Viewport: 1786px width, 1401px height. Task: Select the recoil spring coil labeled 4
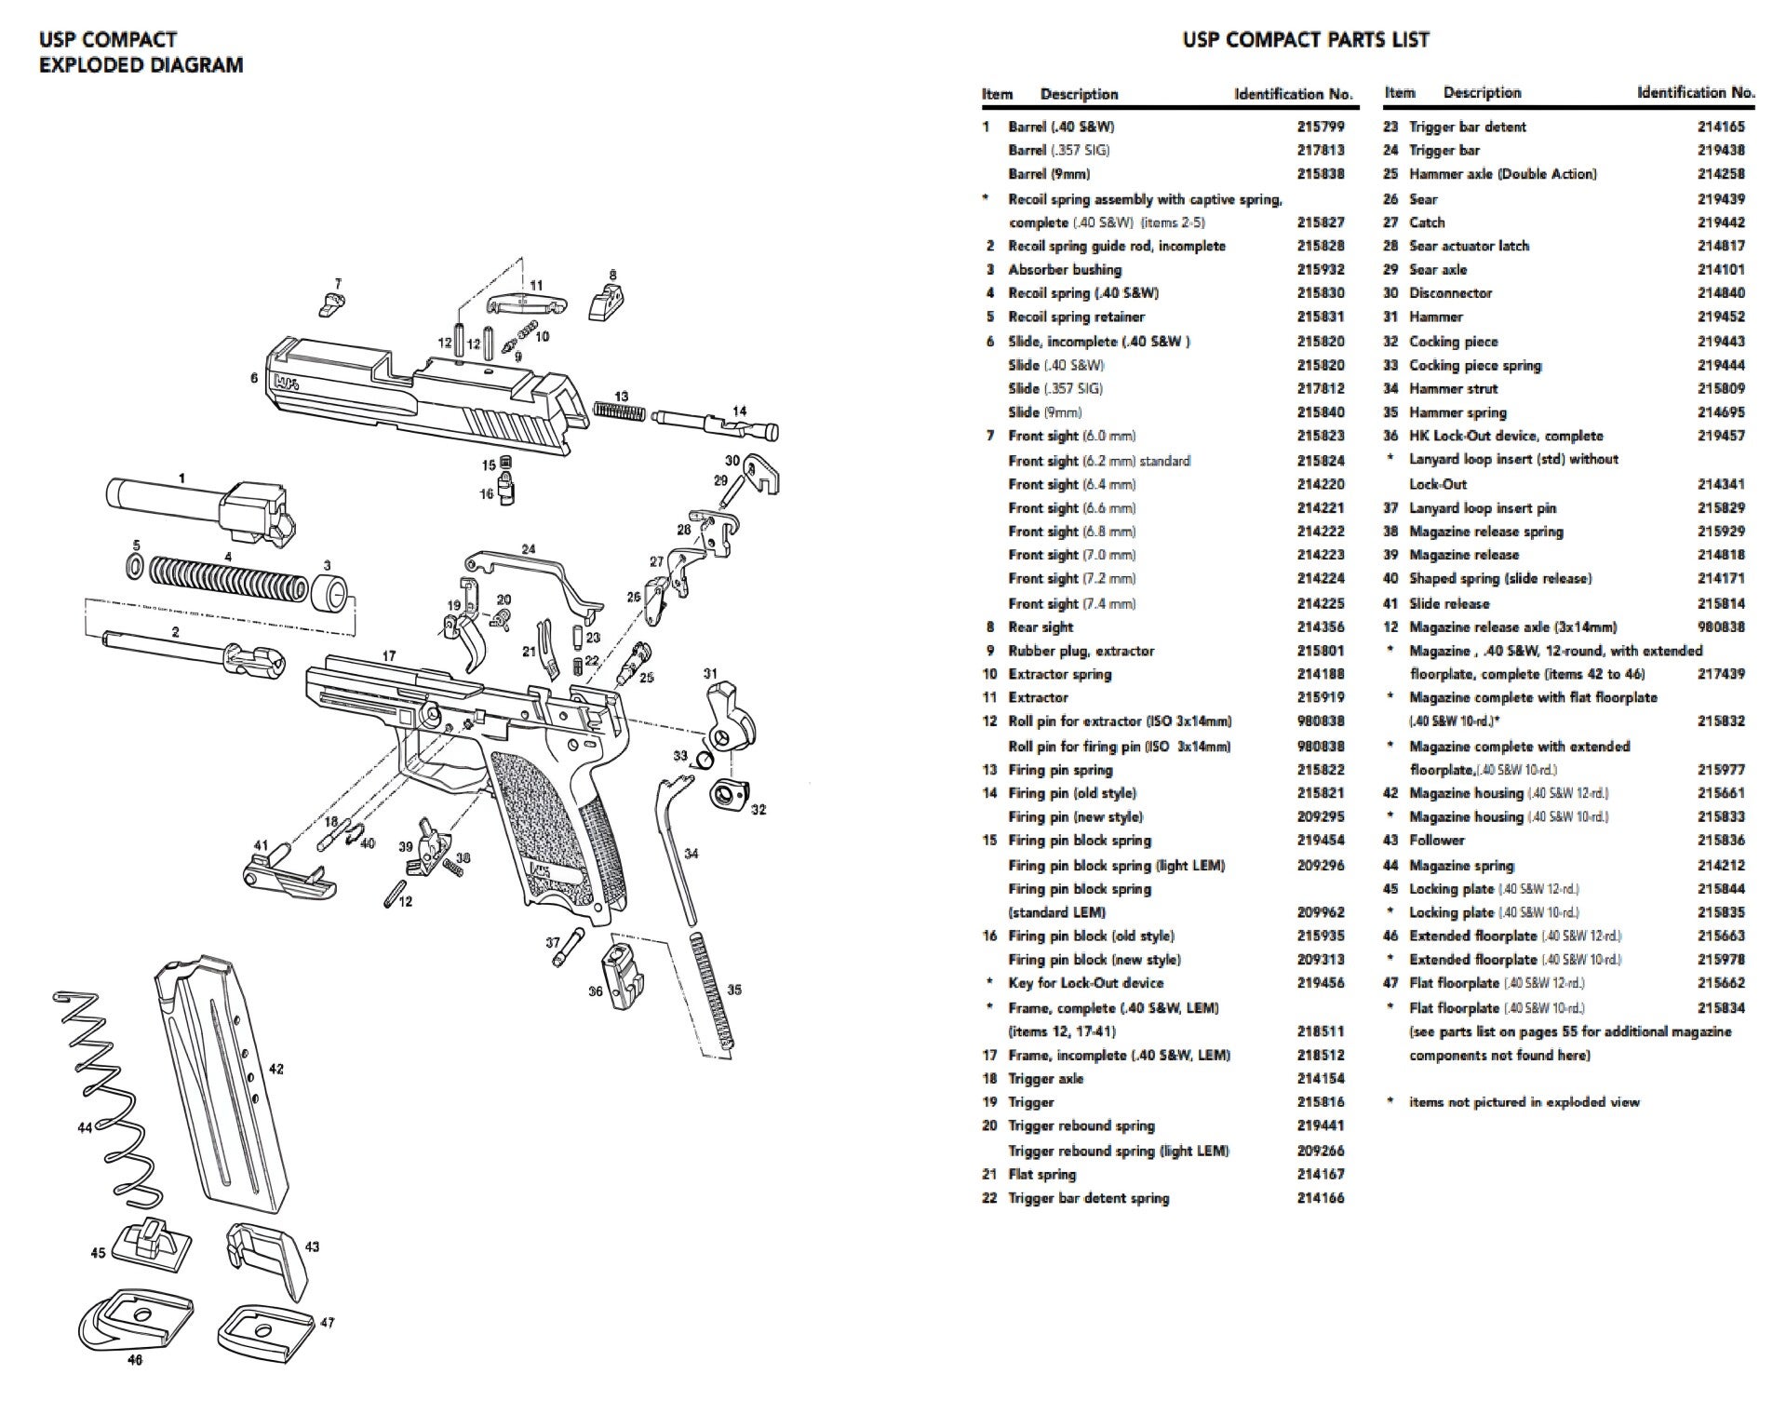(227, 578)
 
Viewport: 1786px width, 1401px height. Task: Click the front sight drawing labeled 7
(332, 300)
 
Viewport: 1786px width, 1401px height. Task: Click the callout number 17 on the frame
(389, 656)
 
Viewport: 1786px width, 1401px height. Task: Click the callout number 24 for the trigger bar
(529, 549)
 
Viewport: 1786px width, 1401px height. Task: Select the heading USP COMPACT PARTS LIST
(1305, 40)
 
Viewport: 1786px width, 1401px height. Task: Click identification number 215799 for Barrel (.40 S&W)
(1321, 127)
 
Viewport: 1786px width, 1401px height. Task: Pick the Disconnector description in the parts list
(1450, 293)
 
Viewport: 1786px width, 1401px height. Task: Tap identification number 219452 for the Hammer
(1720, 317)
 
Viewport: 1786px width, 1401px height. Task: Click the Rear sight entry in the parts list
(1041, 627)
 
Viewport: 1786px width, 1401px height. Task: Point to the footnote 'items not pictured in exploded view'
(1524, 1102)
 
